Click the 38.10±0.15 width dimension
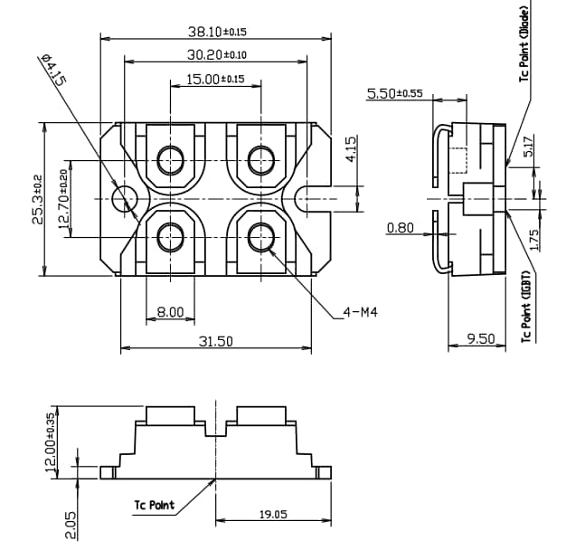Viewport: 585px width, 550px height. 216,32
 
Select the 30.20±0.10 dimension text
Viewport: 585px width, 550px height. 216,55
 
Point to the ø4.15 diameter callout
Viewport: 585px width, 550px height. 53,71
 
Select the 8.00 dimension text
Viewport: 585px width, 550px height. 170,312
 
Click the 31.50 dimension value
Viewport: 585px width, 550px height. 216,341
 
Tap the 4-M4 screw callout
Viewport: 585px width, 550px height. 360,312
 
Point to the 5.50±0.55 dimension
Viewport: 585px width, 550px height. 394,93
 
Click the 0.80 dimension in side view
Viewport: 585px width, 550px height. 400,227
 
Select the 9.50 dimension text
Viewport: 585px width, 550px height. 480,338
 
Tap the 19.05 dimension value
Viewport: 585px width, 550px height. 273,514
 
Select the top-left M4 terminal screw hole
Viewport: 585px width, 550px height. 170,160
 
